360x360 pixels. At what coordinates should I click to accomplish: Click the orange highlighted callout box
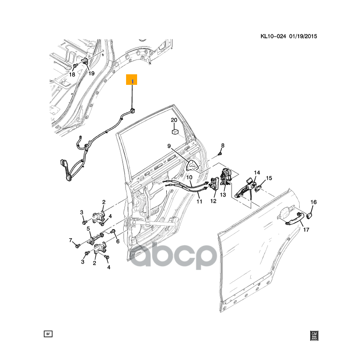132,80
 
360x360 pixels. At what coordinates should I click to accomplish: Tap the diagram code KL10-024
273,36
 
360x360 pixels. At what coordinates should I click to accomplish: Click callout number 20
174,120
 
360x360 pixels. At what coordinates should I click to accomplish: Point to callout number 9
169,146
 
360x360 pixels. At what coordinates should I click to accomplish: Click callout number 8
222,145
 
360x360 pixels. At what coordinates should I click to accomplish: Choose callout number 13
223,195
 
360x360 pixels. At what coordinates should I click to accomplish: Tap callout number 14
256,173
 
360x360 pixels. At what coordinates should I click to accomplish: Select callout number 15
269,178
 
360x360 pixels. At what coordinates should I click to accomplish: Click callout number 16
314,202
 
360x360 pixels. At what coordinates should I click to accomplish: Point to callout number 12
213,201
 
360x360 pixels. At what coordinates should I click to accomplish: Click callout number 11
199,202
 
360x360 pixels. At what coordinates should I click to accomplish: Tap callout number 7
70,240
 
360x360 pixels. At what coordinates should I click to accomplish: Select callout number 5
89,229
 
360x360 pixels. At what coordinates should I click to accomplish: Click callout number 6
117,242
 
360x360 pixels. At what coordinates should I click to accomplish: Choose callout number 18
72,74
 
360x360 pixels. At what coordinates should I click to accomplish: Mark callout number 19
91,73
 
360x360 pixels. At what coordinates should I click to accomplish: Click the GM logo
314,335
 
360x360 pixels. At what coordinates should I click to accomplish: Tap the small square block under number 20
175,130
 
